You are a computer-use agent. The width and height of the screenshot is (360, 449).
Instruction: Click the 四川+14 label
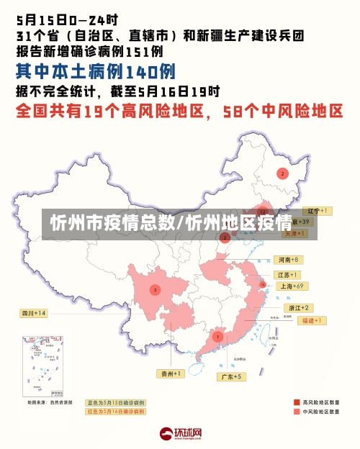34,313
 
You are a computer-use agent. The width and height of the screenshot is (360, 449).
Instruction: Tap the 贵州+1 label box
171,373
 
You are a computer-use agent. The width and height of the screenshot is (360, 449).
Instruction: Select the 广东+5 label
231,376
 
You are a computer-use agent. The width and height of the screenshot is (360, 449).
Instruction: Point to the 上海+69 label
292,286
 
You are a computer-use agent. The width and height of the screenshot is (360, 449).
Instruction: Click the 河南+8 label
288,259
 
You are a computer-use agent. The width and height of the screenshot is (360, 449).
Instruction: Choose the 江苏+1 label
288,275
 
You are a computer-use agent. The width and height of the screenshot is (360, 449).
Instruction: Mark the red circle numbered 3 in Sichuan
155,289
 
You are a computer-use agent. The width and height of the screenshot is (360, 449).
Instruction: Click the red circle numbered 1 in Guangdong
217,336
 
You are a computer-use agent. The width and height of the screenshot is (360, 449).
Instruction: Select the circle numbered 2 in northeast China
282,173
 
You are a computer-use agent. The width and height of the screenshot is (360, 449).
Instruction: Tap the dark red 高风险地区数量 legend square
297,402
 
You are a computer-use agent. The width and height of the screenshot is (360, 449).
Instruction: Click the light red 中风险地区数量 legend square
297,412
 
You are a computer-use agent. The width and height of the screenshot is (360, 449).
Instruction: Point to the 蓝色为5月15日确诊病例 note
115,402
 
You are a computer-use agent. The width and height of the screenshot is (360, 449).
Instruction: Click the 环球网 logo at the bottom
180,434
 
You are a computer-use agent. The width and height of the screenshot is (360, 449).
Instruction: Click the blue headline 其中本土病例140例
95,72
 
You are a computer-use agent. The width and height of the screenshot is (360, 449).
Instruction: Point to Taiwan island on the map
273,332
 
